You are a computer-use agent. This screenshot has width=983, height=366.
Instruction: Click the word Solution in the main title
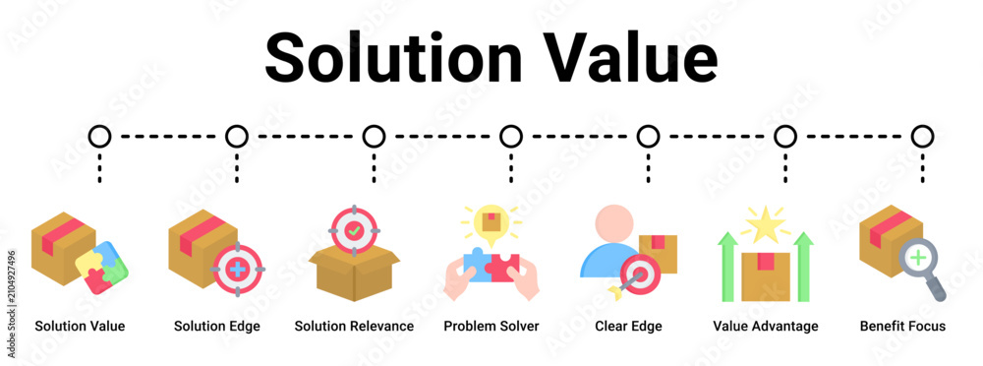(x=393, y=57)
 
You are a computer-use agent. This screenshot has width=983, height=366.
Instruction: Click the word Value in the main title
(x=630, y=57)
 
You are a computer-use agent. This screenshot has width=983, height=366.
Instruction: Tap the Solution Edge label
(x=217, y=327)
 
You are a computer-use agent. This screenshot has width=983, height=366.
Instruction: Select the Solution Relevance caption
(x=354, y=327)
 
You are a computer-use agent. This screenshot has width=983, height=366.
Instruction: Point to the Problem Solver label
(x=491, y=327)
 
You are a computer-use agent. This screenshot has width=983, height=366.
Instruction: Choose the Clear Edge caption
(x=628, y=327)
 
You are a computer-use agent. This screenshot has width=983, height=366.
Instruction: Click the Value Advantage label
(x=766, y=327)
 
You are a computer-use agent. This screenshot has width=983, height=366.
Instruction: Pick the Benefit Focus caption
(x=902, y=327)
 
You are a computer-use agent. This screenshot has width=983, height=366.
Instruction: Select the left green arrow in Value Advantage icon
(x=727, y=267)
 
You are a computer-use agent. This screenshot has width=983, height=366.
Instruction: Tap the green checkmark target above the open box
(x=354, y=230)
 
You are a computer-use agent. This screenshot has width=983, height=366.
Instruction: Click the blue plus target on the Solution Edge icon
(x=238, y=269)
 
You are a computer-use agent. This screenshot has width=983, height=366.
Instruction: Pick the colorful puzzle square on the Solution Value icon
(x=101, y=268)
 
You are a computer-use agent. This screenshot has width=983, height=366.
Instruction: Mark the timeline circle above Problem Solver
(x=511, y=136)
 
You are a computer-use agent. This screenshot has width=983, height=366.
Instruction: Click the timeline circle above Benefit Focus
(x=922, y=136)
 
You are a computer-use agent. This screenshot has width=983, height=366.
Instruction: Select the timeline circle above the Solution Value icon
(x=99, y=136)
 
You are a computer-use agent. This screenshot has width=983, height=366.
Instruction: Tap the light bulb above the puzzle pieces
(x=491, y=224)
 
